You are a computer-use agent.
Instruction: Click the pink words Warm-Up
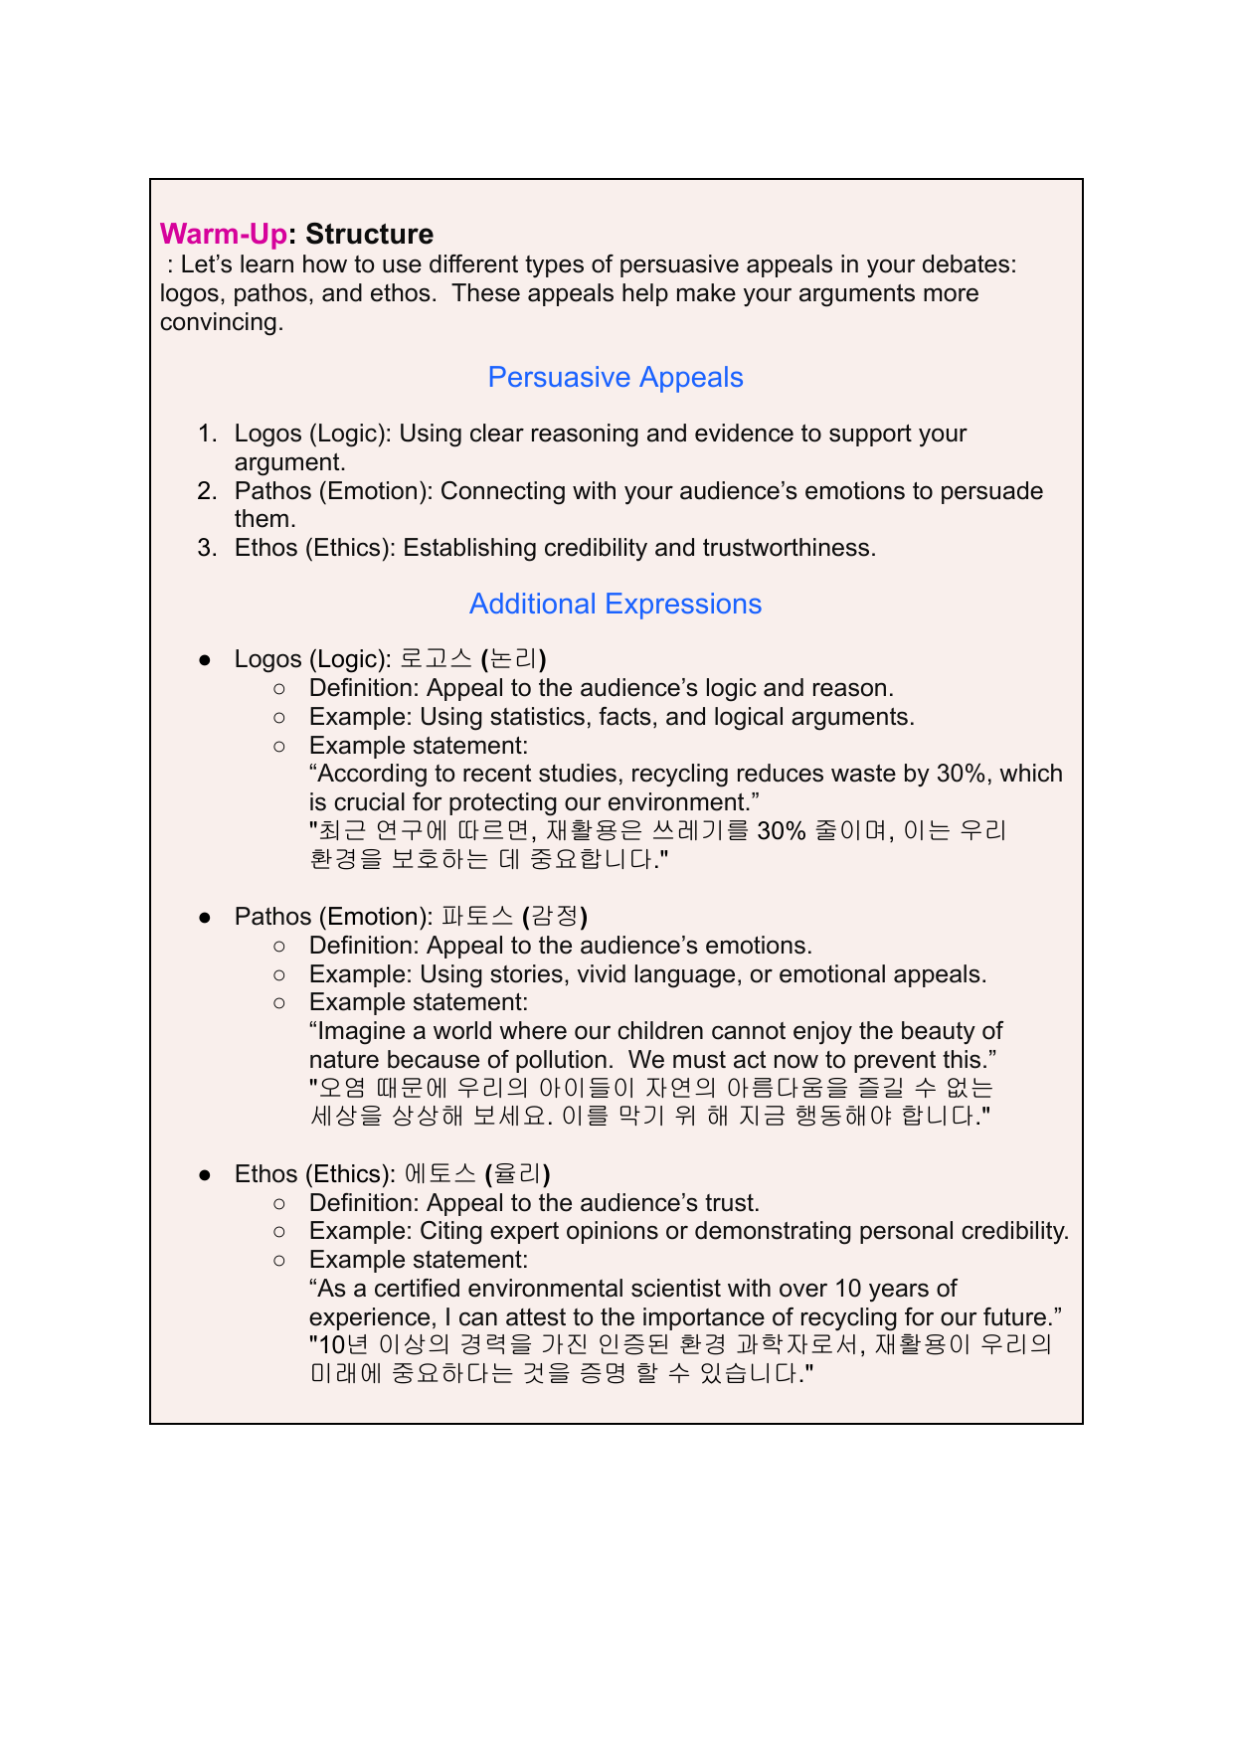click(223, 234)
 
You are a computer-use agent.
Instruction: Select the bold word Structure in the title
click(369, 234)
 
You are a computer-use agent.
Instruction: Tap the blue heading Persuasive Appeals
click(616, 378)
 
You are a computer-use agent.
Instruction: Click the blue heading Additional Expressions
click(616, 605)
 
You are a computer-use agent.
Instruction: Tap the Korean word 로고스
click(436, 659)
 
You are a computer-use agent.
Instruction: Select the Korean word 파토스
click(477, 917)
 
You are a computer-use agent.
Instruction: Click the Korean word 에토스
click(441, 1174)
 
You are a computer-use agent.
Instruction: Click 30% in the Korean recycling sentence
click(781, 831)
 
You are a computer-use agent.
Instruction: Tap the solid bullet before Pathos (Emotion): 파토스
click(205, 917)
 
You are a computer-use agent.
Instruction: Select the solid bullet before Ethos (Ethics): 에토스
click(205, 1174)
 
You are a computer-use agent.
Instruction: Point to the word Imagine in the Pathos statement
click(359, 1031)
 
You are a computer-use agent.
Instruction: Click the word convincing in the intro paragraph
click(220, 322)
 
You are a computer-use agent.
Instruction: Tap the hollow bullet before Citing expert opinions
click(279, 1231)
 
